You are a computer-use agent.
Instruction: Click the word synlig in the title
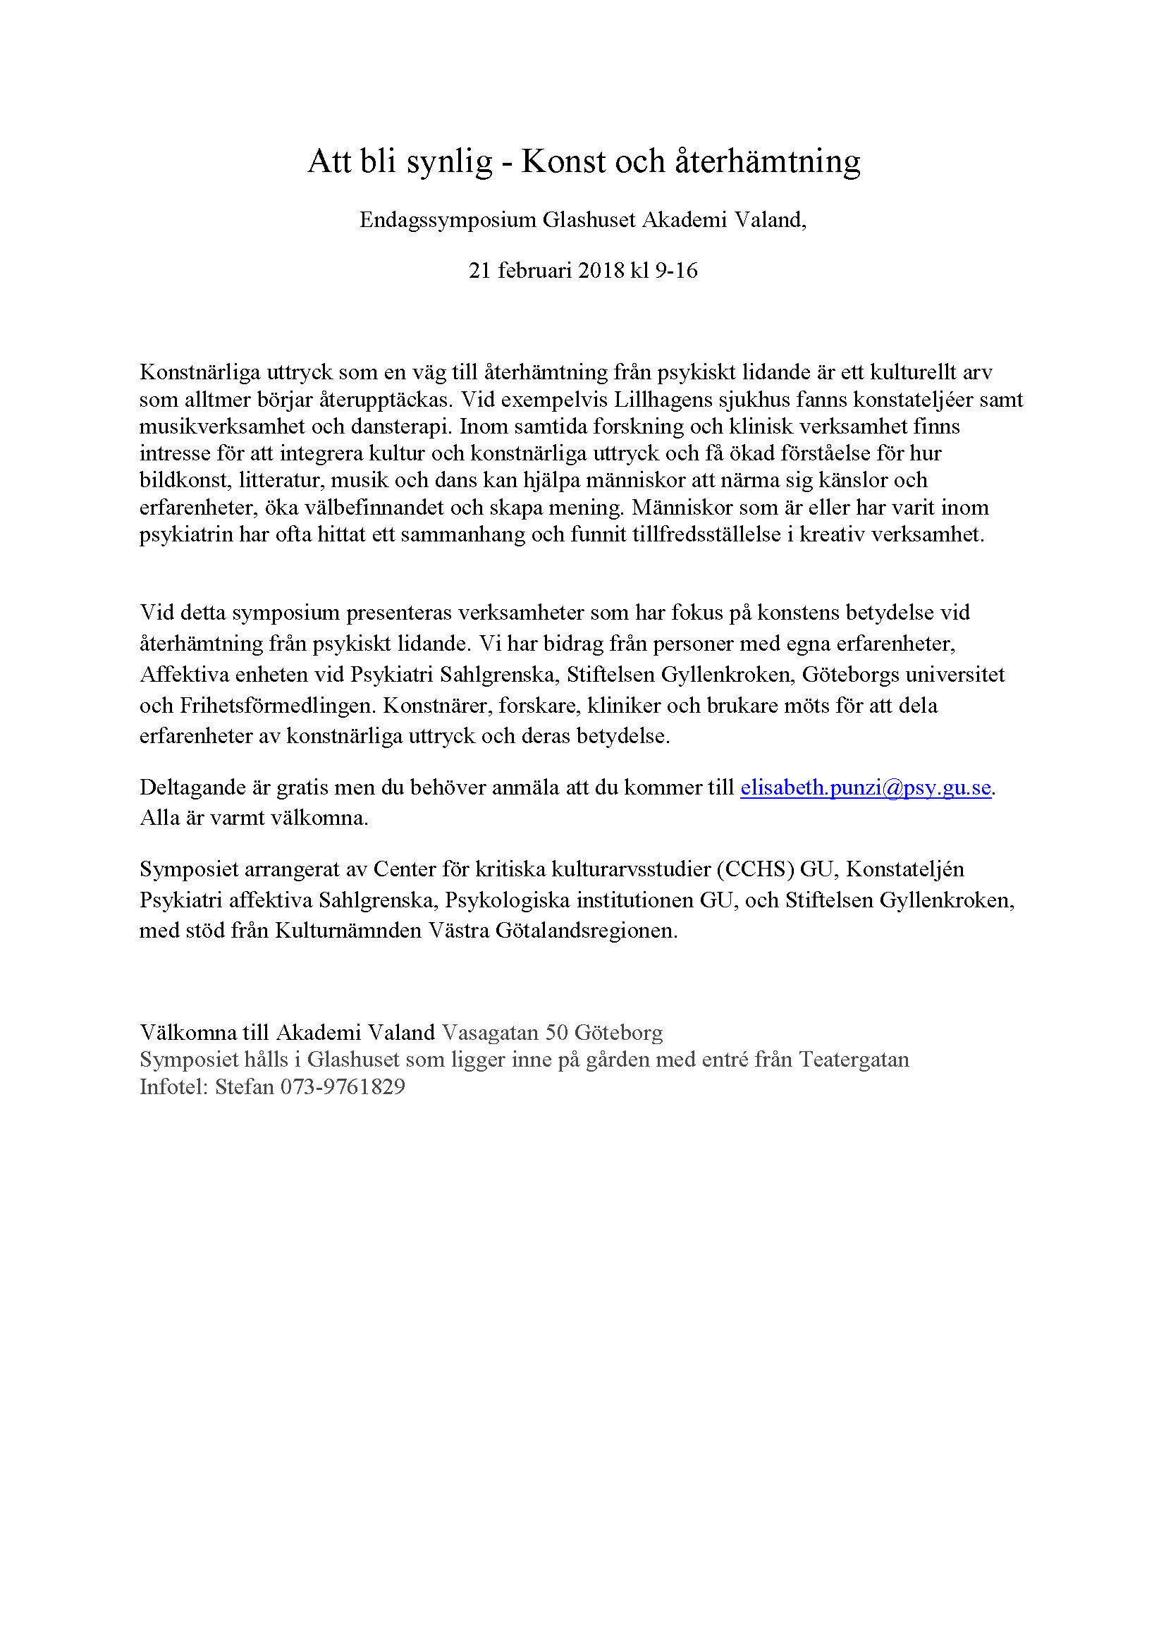[x=450, y=162]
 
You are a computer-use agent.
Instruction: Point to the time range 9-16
[x=675, y=271]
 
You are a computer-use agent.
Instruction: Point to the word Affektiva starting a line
[x=184, y=675]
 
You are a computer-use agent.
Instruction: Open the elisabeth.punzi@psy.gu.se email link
[x=865, y=788]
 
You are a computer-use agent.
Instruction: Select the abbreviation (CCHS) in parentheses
[x=755, y=870]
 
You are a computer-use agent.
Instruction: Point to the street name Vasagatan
[x=491, y=1033]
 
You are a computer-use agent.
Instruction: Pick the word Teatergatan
[x=854, y=1060]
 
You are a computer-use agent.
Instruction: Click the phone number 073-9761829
[x=343, y=1087]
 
